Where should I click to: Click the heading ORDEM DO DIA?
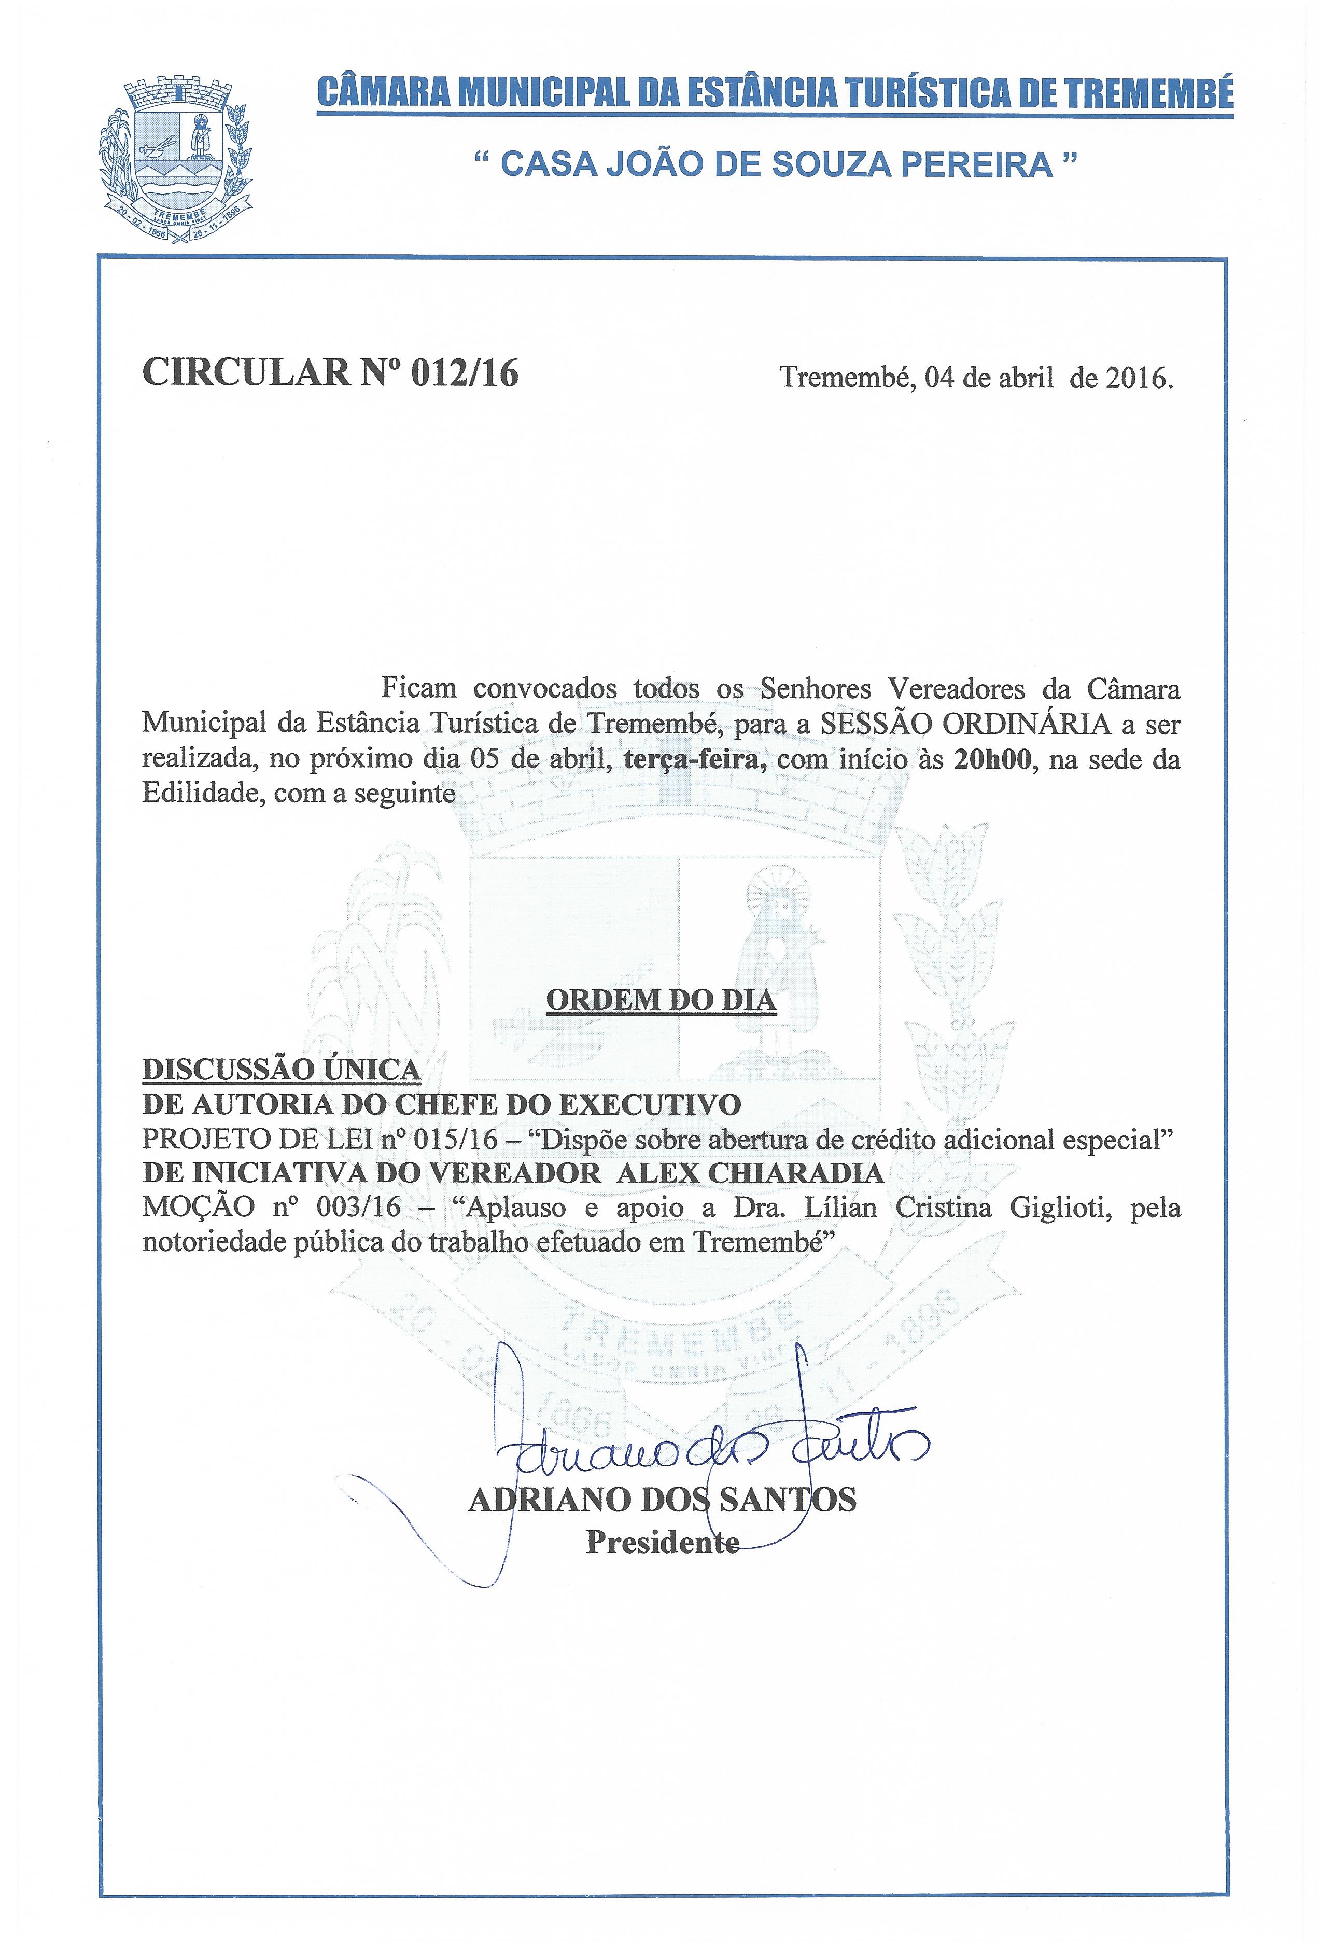point(661,1000)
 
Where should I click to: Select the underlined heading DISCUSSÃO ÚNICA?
point(282,1070)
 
